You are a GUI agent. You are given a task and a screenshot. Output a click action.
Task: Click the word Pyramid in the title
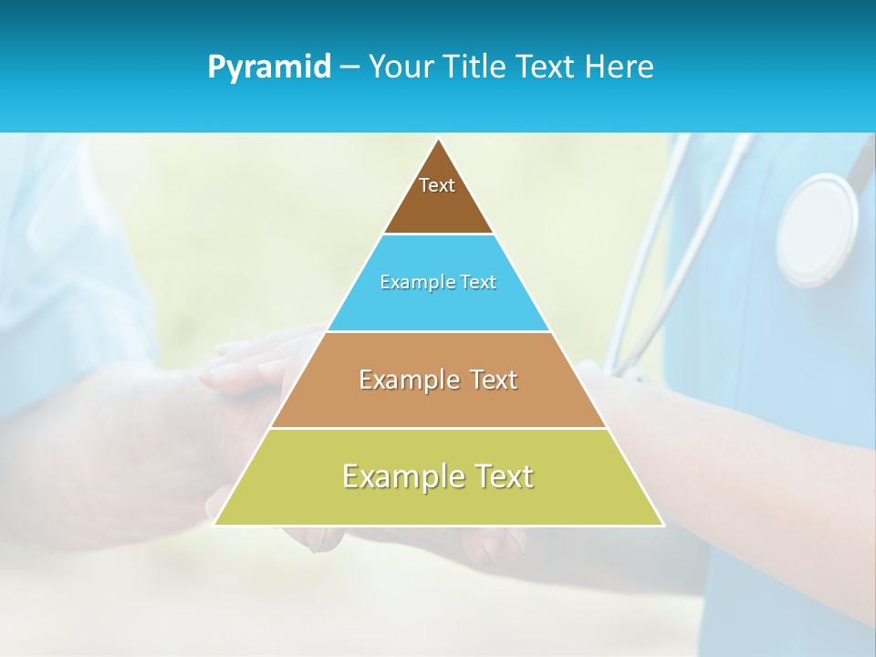click(x=269, y=68)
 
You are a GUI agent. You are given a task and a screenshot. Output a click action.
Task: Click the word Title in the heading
click(x=475, y=68)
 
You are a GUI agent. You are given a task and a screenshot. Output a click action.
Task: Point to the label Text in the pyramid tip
click(x=437, y=185)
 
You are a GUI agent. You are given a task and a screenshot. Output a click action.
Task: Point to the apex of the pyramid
click(x=439, y=140)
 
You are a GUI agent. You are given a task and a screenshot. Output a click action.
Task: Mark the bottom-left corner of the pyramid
click(x=215, y=524)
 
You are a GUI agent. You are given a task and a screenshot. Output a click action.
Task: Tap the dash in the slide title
click(x=349, y=68)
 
